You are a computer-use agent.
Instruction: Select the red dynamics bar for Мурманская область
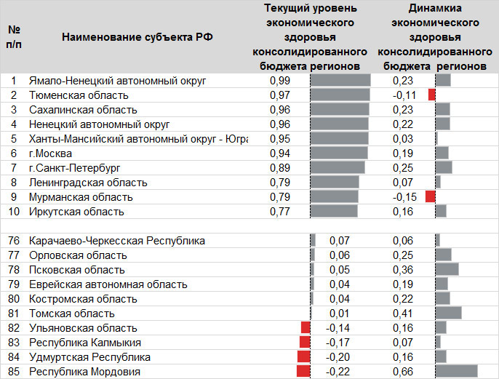[x=430, y=197]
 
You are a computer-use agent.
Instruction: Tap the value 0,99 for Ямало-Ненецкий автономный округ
[x=280, y=81]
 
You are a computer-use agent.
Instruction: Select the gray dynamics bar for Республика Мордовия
[x=456, y=372]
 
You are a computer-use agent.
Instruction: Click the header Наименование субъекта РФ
[x=137, y=37]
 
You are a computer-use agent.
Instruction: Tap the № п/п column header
[x=14, y=37]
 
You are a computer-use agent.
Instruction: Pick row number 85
[x=14, y=372]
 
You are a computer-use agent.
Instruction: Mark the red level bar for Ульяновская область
[x=306, y=328]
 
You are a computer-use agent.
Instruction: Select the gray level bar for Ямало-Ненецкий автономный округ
[x=340, y=81]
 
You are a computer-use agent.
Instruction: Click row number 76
[x=14, y=241]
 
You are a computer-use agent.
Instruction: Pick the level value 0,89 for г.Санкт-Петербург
[x=280, y=168]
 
